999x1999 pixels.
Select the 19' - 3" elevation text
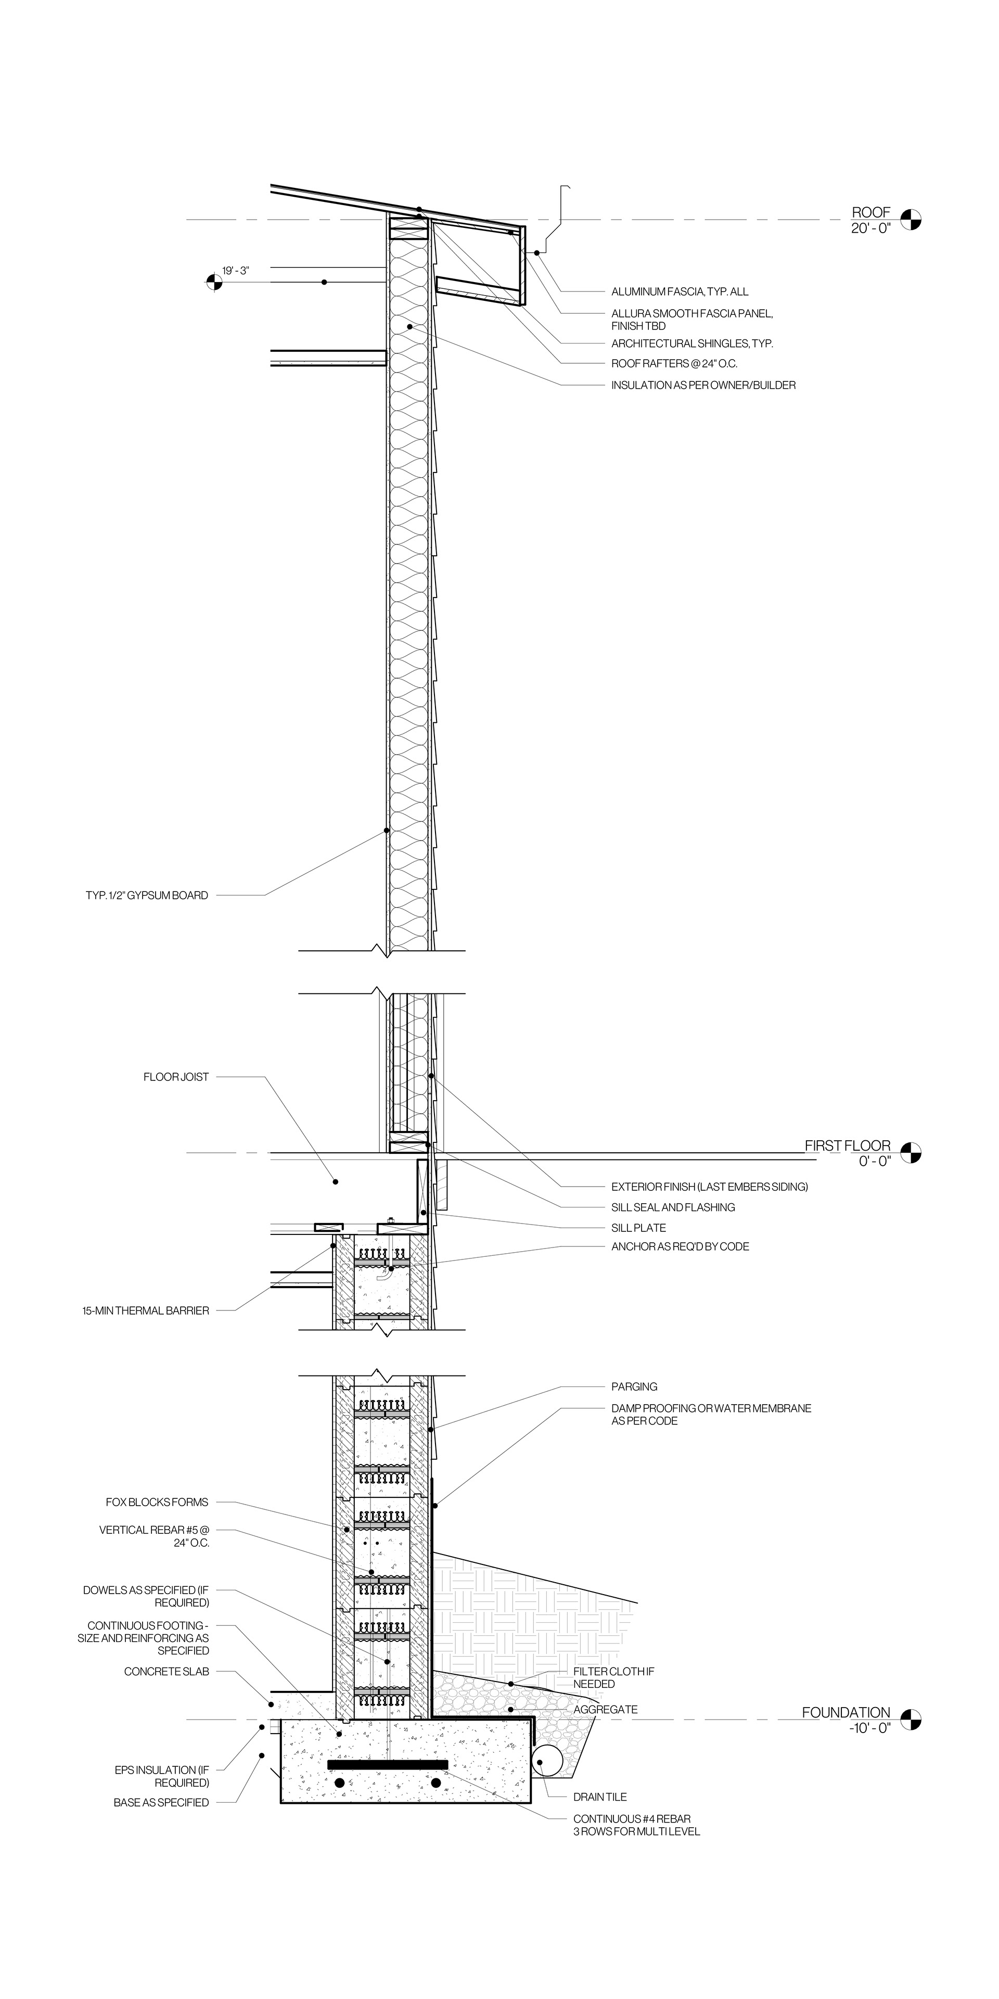236,270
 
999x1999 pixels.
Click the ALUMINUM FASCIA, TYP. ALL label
680,292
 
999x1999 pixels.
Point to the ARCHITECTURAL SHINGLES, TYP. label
692,343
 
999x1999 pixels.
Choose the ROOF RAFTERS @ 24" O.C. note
674,363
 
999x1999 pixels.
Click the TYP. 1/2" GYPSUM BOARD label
147,895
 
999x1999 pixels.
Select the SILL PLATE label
638,1228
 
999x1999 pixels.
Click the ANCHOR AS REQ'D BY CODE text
680,1246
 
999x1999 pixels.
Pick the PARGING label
634,1387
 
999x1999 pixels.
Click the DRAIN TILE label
599,1797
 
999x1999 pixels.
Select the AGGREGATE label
605,1710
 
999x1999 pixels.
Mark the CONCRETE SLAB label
166,1672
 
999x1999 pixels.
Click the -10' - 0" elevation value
869,1727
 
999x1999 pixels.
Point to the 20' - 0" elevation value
870,228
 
